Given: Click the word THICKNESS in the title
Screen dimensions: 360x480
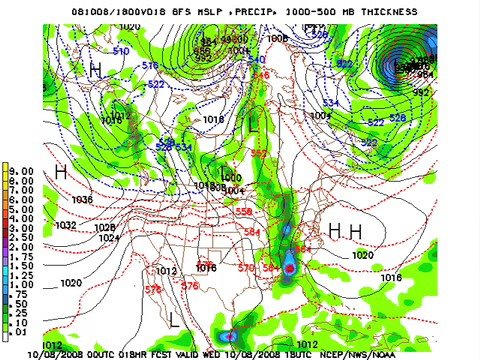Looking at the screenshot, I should [379, 12].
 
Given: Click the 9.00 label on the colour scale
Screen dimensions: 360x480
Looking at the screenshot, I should [22, 171].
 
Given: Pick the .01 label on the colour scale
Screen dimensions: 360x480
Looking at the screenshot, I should [22, 330].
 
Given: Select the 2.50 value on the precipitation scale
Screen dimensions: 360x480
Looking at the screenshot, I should [22, 236].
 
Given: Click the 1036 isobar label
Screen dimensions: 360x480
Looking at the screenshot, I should [81, 200].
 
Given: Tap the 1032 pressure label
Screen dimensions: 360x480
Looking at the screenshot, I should [65, 226].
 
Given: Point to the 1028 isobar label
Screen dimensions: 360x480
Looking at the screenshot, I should [104, 228].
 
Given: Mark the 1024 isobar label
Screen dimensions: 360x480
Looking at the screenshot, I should [108, 238].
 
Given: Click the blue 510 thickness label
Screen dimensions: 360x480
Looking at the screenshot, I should [121, 51].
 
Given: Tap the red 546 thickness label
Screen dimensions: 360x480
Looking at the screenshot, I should [262, 76].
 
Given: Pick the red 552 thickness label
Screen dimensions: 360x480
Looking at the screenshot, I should [259, 154].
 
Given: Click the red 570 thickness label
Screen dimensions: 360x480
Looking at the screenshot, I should [246, 267].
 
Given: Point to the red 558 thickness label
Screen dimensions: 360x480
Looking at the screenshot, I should [243, 212].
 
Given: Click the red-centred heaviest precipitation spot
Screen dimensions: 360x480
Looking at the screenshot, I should [290, 269].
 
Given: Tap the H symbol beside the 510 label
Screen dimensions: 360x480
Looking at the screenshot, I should [95, 70].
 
